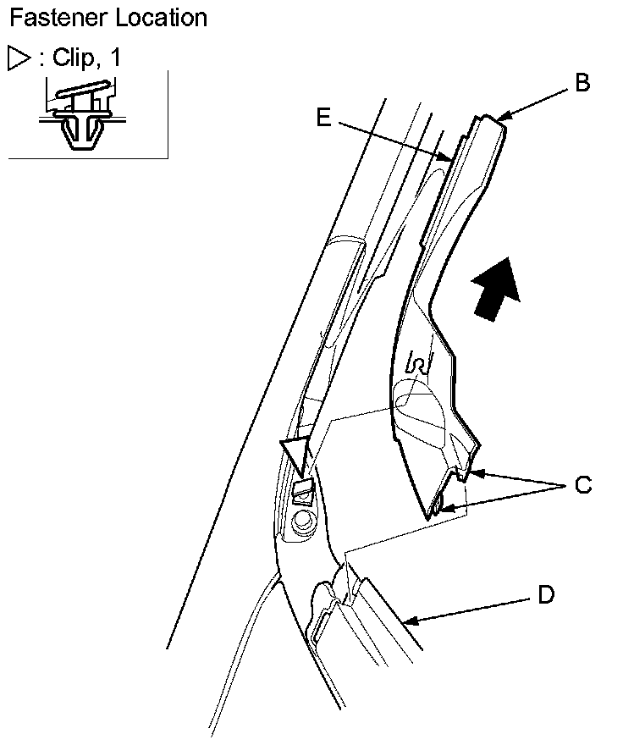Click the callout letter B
tap(582, 83)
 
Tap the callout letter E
tap(323, 118)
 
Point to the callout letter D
tap(546, 595)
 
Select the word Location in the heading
tap(157, 17)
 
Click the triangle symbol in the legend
tap(18, 58)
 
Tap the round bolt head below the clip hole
tap(300, 521)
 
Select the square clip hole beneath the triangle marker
tap(302, 490)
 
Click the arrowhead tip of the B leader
tap(497, 119)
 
